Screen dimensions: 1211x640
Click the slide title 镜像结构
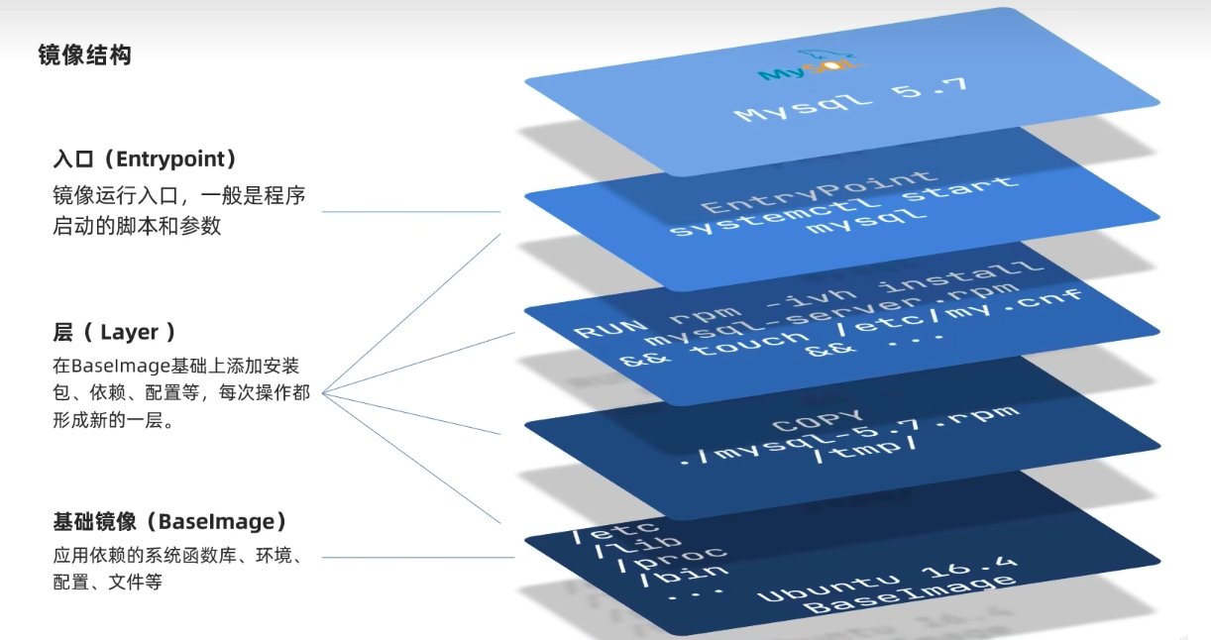(x=85, y=55)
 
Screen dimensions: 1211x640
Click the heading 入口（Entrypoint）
(x=145, y=159)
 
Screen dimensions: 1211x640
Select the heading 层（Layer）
(x=115, y=332)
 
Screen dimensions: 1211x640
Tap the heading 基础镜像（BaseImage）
(x=169, y=522)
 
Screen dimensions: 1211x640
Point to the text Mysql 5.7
(x=851, y=99)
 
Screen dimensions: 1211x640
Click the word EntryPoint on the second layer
(x=818, y=192)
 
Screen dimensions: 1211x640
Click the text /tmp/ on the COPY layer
(x=865, y=450)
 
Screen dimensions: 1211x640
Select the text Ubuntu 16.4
(x=888, y=579)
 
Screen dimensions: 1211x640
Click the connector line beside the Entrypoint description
(x=411, y=212)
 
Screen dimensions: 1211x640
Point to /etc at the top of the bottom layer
(x=616, y=531)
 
